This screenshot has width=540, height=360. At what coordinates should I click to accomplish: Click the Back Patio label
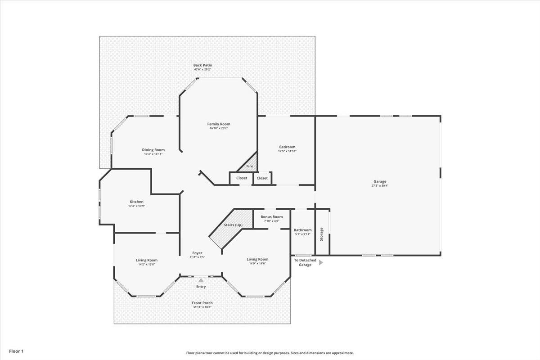(x=202, y=65)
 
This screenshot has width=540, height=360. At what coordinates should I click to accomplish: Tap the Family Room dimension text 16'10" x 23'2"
(x=219, y=128)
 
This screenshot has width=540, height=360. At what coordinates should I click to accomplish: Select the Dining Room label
(x=153, y=150)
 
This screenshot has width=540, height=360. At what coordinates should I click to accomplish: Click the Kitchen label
(x=136, y=202)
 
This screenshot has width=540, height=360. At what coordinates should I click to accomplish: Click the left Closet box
(x=242, y=178)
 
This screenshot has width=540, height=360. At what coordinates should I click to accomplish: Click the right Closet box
(x=262, y=178)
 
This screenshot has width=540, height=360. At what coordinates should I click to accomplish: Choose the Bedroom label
(x=287, y=147)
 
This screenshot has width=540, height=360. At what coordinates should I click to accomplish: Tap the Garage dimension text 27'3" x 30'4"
(x=380, y=185)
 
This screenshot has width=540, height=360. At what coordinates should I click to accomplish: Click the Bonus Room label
(x=271, y=216)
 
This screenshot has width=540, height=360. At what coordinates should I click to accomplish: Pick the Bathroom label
(x=302, y=230)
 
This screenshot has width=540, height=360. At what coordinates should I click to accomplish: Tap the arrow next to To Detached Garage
(x=321, y=262)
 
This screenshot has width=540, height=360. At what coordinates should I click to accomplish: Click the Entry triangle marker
(x=201, y=280)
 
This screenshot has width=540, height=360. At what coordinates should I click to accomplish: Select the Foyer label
(x=197, y=253)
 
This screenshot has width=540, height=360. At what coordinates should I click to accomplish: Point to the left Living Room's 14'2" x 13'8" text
(x=146, y=264)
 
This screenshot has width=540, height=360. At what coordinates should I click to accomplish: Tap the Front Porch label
(x=202, y=303)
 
